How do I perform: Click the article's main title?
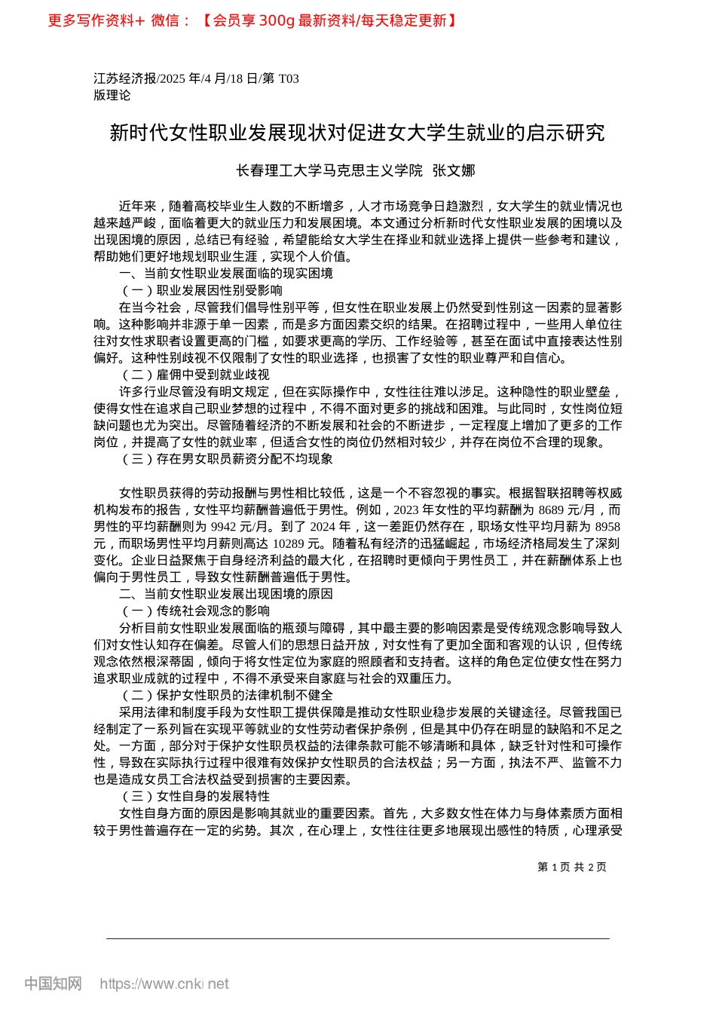tap(357, 133)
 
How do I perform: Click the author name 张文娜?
tap(454, 171)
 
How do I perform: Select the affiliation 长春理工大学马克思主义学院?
tap(329, 171)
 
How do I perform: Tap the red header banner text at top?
tap(252, 20)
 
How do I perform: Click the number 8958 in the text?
tap(607, 527)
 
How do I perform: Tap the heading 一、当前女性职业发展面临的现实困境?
tap(226, 274)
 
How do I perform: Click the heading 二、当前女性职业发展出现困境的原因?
tap(226, 594)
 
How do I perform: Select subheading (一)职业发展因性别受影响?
tap(201, 290)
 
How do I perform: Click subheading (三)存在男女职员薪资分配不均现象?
tap(226, 459)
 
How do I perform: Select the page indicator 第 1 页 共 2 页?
tap(572, 867)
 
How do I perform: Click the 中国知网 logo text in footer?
tap(53, 984)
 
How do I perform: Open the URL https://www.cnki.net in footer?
tap(164, 984)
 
